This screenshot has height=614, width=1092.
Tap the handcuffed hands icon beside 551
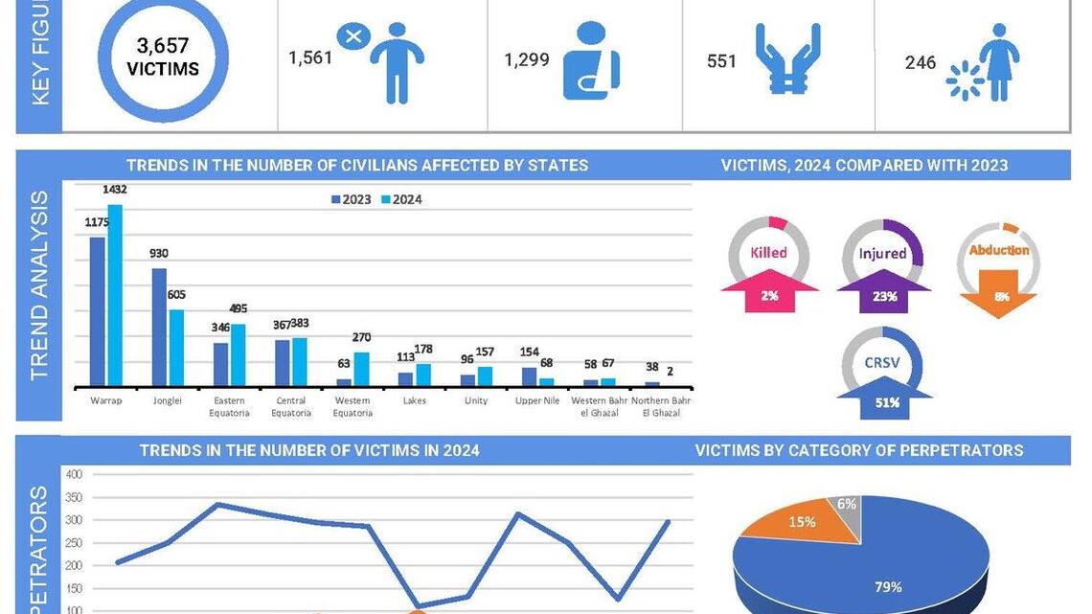787,59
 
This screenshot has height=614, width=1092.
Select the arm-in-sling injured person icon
590,61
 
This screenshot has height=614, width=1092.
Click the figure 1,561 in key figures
310,57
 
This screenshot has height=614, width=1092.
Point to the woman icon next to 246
998,62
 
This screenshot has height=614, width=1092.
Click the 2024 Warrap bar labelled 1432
115,294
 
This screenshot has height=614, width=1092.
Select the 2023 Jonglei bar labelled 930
159,326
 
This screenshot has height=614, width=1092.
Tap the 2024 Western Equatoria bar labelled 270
361,368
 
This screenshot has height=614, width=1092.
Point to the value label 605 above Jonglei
176,295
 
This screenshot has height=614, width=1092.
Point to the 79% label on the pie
888,586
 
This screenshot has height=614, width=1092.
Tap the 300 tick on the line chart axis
75,520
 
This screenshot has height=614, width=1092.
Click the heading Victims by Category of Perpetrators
858,449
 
